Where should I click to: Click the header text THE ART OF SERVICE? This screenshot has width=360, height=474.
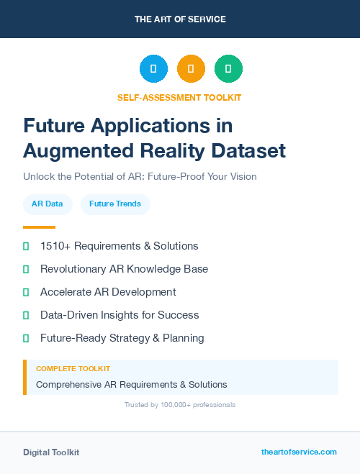pos(180,19)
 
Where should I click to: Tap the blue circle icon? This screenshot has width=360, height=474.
pos(153,68)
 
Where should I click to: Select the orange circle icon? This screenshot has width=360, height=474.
pos(191,68)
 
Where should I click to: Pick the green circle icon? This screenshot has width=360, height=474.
pos(228,68)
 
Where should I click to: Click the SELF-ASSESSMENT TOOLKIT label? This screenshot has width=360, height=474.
pos(179,97)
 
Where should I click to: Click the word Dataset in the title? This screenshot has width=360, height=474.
pos(246,151)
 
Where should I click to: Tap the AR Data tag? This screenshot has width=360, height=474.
pos(47,204)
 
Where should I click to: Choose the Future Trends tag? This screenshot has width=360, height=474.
pos(115,204)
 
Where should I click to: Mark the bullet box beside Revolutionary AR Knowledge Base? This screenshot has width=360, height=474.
pos(26,269)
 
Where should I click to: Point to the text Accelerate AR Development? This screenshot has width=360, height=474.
pos(108,292)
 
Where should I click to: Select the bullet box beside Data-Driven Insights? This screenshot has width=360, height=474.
pos(26,315)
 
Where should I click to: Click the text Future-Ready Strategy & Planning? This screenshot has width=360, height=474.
pos(122,338)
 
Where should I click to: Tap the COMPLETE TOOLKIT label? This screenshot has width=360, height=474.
pos(73,368)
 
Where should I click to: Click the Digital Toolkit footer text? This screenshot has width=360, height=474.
pos(51,452)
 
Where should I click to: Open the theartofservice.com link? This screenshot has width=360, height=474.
pos(299,452)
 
